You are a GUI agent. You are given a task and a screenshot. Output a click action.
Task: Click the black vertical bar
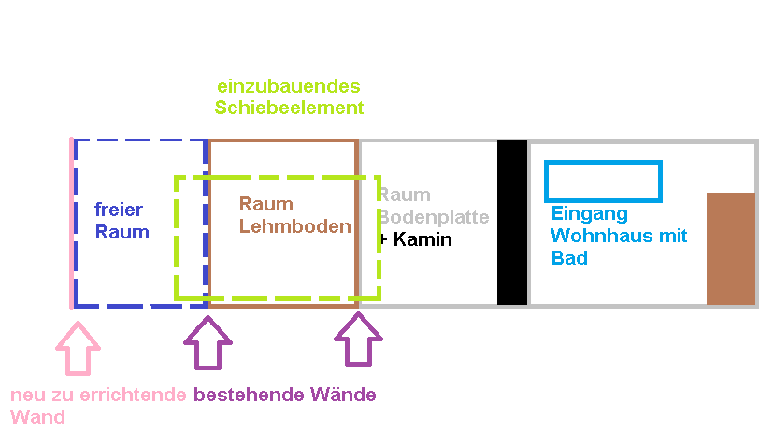[x=511, y=223]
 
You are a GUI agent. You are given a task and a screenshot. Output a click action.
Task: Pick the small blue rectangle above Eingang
[x=603, y=181]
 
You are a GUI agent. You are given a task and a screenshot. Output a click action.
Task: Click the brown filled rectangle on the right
[x=730, y=248]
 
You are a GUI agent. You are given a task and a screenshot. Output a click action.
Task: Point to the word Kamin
[x=422, y=239]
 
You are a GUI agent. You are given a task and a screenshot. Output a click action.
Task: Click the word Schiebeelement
[x=289, y=108]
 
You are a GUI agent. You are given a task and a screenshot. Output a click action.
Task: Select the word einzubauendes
[x=288, y=86]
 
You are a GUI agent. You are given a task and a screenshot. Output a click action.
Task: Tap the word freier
[x=118, y=210]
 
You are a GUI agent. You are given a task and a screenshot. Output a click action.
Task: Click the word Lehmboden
[x=295, y=226]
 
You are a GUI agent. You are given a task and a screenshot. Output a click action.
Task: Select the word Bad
[x=569, y=258]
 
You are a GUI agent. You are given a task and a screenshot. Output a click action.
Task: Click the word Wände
[x=343, y=395]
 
